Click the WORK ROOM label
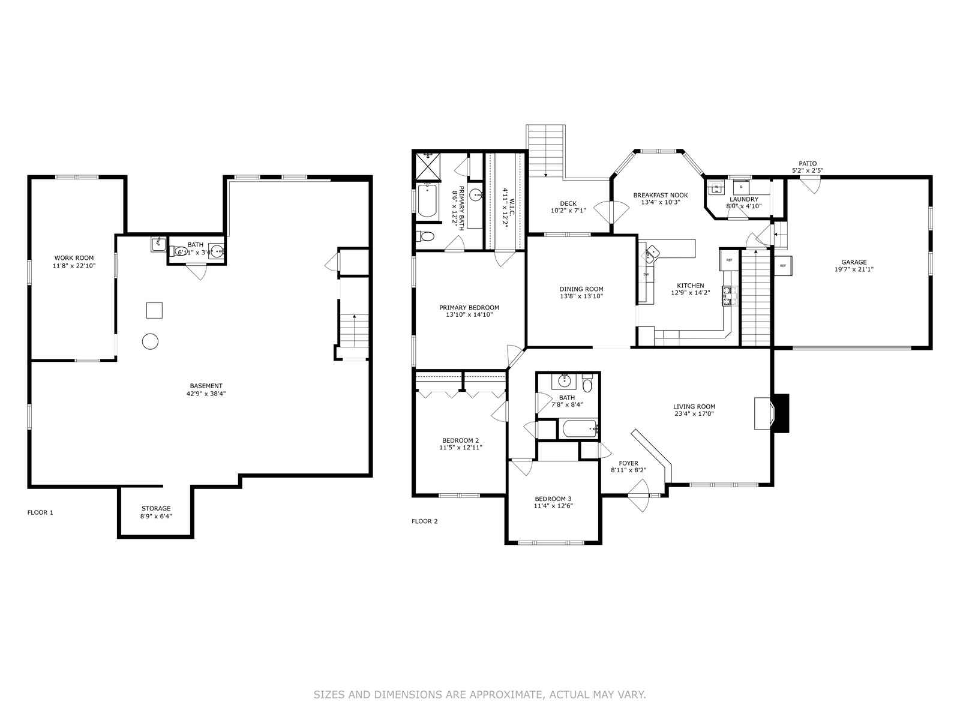pos(74,258)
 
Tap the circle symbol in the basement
pos(150,341)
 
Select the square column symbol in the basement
pos(154,310)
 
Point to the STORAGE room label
pos(156,508)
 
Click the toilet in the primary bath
pos(425,236)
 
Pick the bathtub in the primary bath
pos(427,202)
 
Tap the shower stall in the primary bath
pos(427,166)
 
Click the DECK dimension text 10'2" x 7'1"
pos(568,210)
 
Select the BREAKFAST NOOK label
pos(661,195)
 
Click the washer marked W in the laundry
pos(716,188)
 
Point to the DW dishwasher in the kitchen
pos(646,274)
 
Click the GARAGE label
pos(854,262)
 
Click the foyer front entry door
pos(639,496)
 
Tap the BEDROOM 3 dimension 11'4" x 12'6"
pos(553,506)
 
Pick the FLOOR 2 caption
pos(424,521)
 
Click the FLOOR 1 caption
pos(40,512)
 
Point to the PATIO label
pos(808,163)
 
